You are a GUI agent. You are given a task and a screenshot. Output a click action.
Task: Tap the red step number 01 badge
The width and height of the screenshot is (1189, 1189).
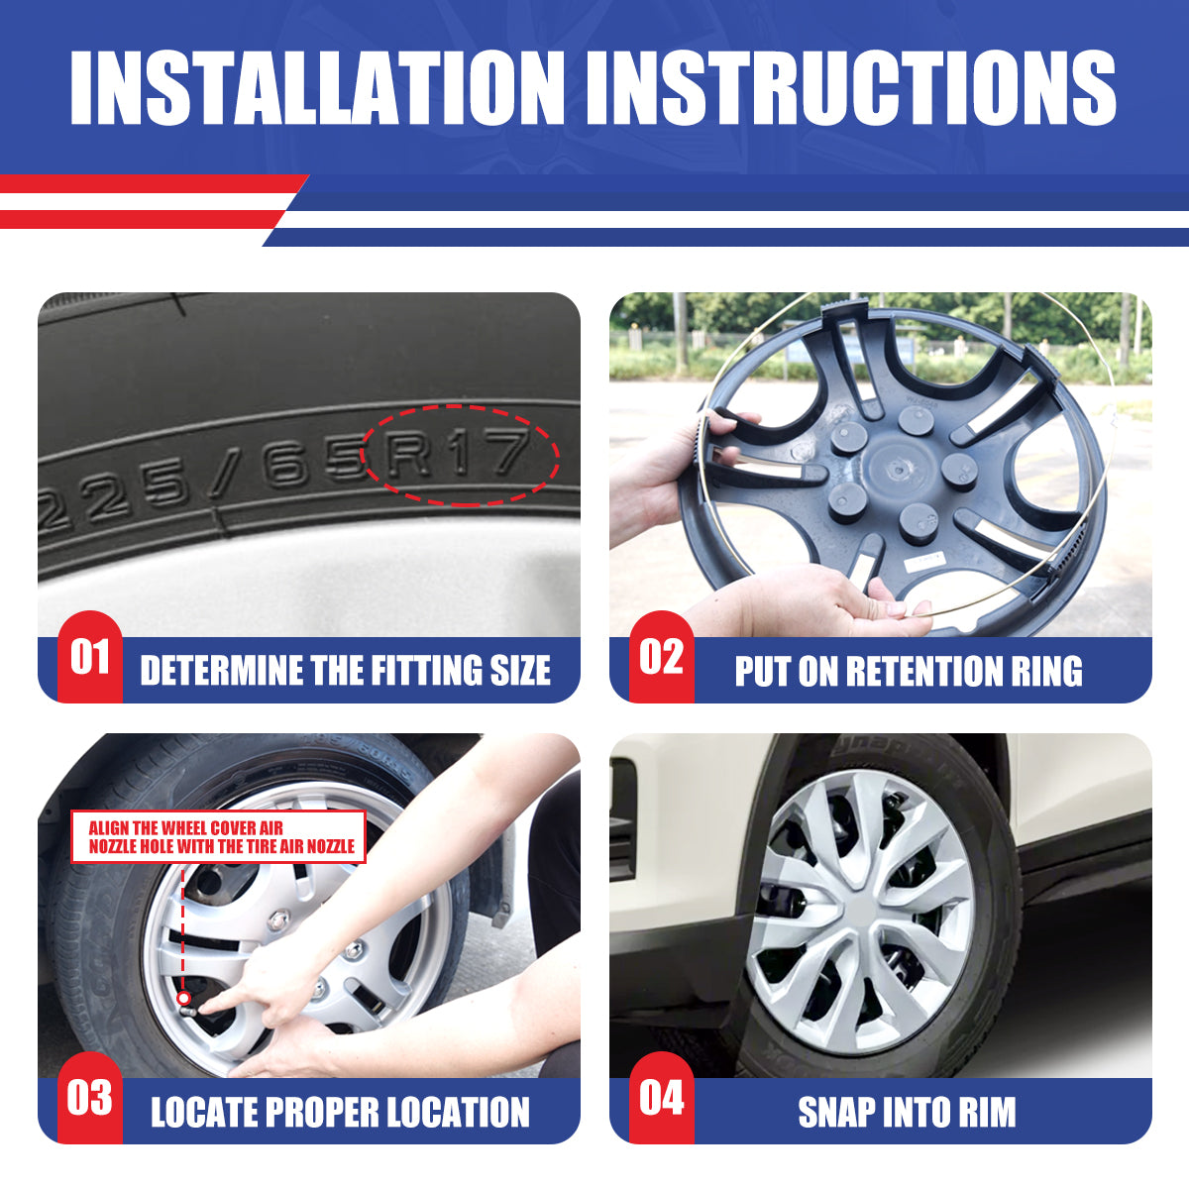coord(89,657)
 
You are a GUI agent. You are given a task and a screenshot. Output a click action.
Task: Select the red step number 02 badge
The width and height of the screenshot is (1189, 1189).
coord(661,657)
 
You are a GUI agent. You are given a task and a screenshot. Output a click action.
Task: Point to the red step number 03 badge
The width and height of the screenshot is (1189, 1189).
coord(89,1098)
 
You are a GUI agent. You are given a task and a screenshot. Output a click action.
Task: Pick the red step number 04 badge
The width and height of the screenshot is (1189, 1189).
coord(661,1098)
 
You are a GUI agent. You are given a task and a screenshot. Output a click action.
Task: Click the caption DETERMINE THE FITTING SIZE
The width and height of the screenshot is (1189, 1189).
coord(345,671)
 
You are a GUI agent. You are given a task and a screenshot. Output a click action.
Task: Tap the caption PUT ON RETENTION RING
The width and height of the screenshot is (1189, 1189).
coord(908,671)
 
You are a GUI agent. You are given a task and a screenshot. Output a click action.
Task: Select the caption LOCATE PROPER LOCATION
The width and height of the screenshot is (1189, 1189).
coord(340,1112)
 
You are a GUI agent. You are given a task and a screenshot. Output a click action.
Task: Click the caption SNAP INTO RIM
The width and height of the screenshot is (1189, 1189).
coord(907,1112)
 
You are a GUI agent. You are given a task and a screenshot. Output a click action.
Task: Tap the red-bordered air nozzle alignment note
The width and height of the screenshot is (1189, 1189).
coord(219,837)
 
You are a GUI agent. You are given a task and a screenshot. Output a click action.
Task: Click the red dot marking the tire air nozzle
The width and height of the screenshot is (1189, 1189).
coord(183,998)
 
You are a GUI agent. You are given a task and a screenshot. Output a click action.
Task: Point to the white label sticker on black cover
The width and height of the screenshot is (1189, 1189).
coord(922,563)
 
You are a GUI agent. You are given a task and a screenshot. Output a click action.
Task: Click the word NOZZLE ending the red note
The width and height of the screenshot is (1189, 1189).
coord(329,846)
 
